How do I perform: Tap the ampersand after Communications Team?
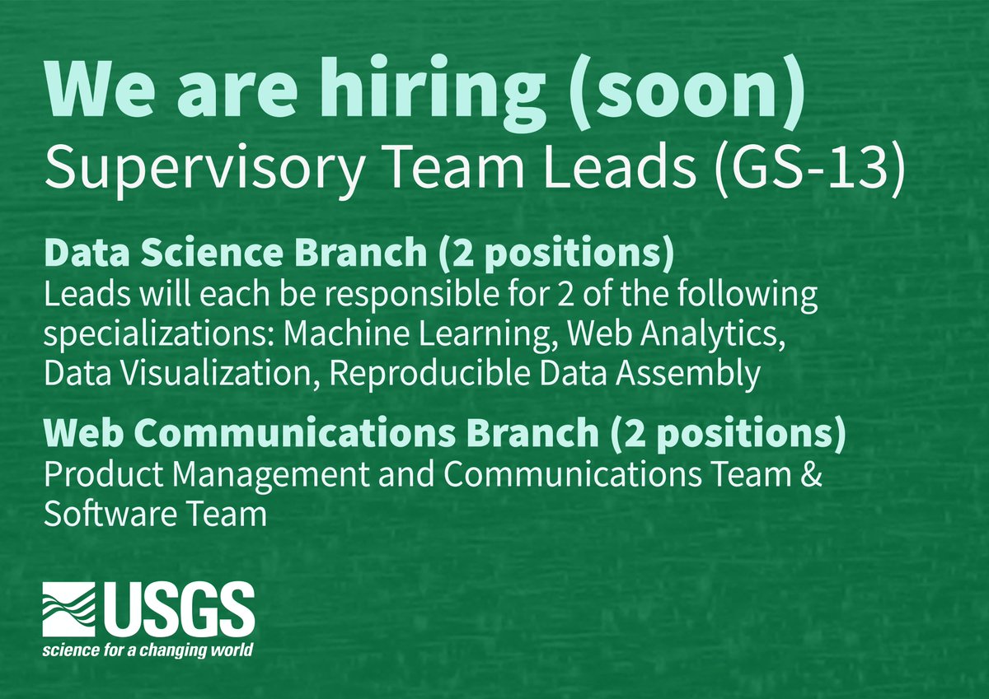click(811, 477)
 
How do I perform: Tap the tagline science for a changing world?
click(148, 650)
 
